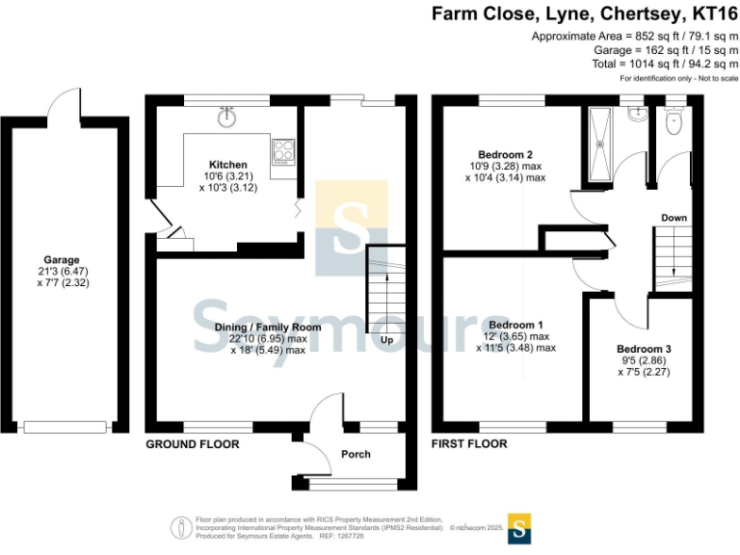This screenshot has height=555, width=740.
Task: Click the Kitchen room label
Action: click(228, 165)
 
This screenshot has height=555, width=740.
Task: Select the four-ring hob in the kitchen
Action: click(284, 150)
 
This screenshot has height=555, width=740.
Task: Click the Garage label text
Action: click(61, 259)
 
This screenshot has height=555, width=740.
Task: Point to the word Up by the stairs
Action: click(386, 341)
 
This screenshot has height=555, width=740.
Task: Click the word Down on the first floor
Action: click(674, 218)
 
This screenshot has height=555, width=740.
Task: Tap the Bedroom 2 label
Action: click(506, 154)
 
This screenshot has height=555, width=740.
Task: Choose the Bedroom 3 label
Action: click(644, 348)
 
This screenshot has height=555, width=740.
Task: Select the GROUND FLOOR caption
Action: click(192, 444)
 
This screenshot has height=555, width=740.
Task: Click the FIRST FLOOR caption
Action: click(469, 444)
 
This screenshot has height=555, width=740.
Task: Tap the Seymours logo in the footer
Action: click(519, 528)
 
